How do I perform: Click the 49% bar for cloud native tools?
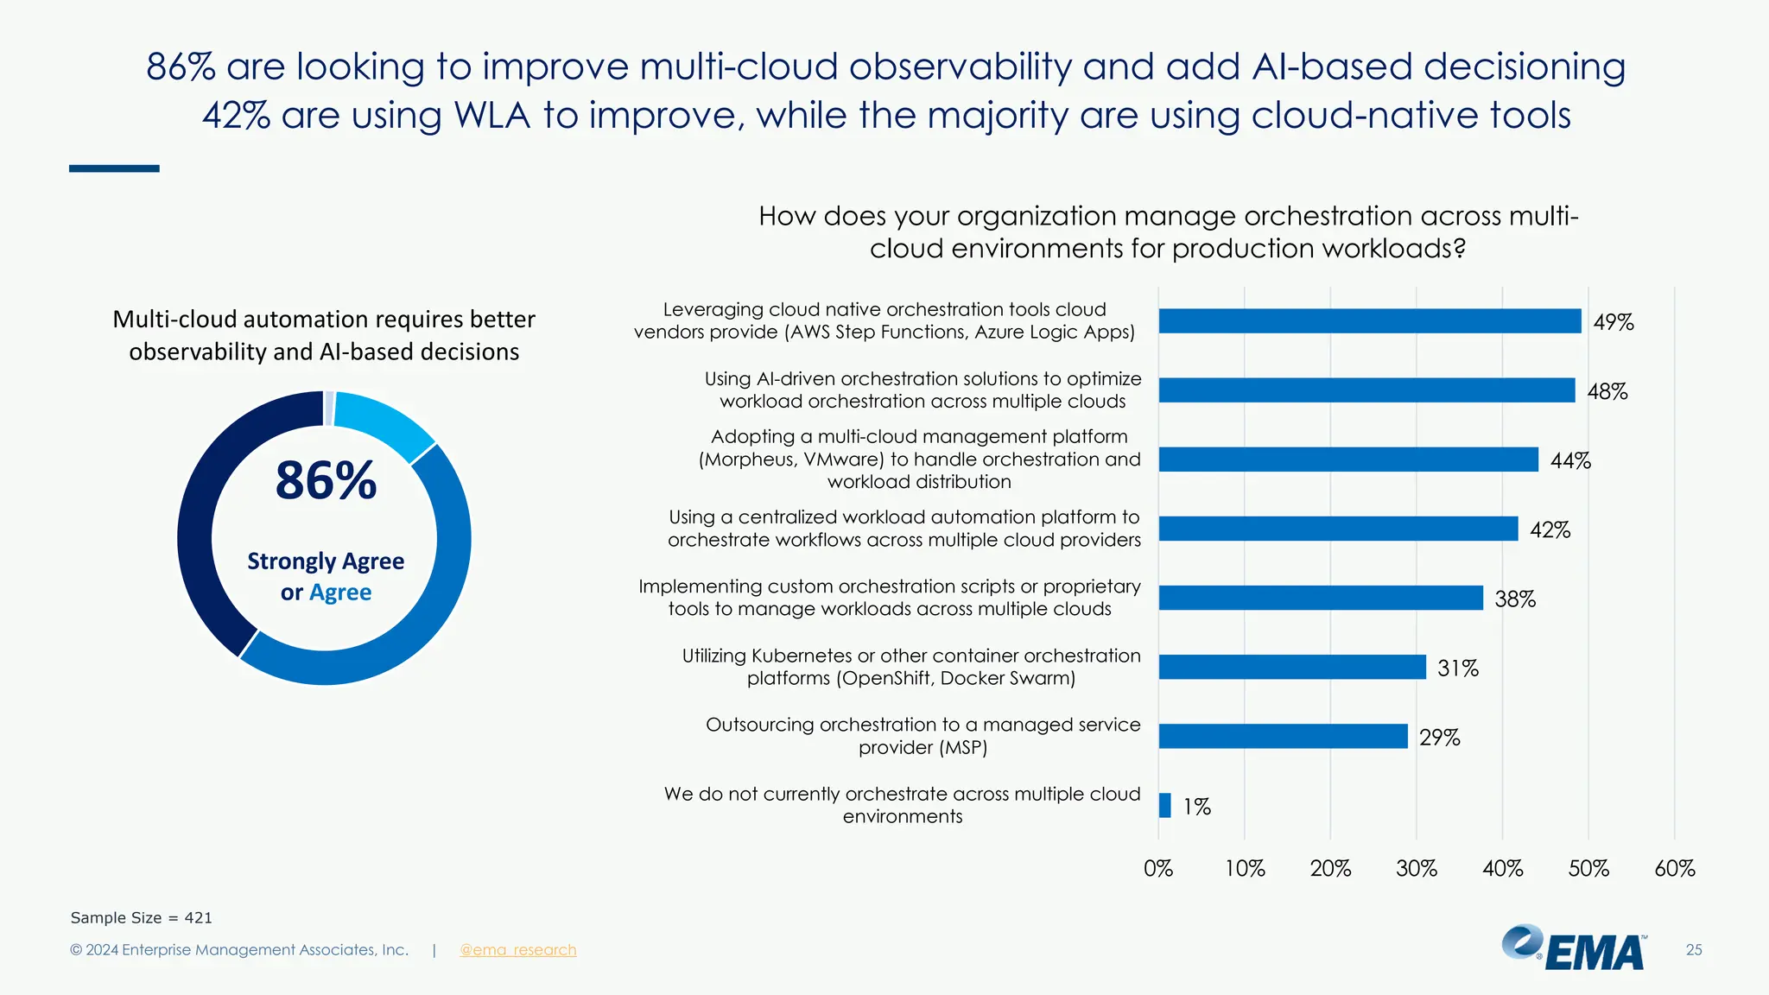(x=1369, y=321)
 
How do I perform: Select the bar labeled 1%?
(x=1165, y=806)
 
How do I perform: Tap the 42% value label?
(x=1550, y=529)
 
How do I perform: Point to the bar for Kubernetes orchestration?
(x=1291, y=667)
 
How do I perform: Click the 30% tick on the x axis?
(x=1417, y=868)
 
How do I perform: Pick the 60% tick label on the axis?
(x=1674, y=868)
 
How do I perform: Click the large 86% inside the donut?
(x=326, y=480)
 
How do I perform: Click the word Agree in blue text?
(x=340, y=593)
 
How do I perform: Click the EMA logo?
(x=1574, y=948)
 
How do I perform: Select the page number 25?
(x=1694, y=950)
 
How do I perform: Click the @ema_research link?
(x=517, y=950)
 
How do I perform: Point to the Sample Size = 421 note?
(x=141, y=918)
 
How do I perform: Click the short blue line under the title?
(x=114, y=168)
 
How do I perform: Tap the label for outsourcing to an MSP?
(x=923, y=736)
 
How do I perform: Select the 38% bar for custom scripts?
(x=1320, y=598)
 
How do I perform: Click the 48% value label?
(x=1607, y=391)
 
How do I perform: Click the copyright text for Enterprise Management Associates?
(x=239, y=950)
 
